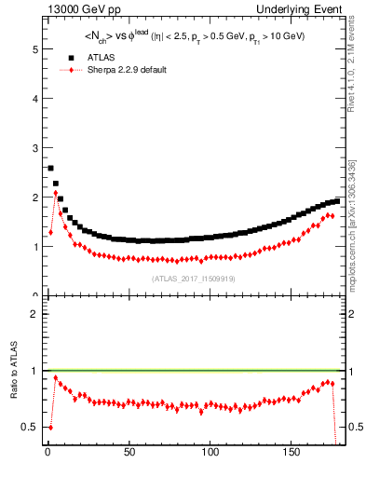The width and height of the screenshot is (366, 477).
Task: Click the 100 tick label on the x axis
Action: [210, 452]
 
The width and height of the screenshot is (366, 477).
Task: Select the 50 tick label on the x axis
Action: [129, 452]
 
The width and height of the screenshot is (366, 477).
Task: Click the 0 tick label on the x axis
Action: [47, 452]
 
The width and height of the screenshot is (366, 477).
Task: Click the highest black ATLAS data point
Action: [50, 169]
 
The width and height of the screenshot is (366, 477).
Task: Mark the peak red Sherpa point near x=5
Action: [56, 193]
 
